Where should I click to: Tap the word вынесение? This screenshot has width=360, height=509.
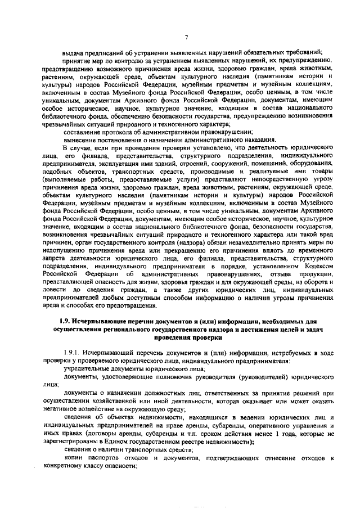80,139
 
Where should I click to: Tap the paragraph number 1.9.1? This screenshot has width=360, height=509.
73,352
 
